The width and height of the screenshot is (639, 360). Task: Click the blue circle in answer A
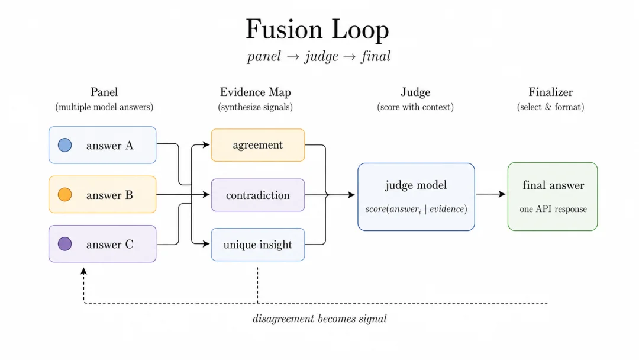coord(65,144)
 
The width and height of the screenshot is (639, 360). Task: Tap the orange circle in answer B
coord(65,194)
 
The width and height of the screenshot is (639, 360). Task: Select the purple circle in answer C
coord(65,244)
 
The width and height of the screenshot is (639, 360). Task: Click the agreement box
coord(257,145)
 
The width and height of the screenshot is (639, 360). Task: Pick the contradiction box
coord(257,195)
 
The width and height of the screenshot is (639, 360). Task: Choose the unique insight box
coord(257,245)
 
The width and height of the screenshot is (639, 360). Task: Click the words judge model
coord(416,185)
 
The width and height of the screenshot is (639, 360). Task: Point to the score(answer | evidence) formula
coord(416,209)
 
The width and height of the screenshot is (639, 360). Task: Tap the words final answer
coord(553,185)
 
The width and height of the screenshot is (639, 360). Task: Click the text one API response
coord(553,209)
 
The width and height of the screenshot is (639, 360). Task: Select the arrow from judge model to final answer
coord(491,194)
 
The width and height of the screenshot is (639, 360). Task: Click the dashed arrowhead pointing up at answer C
coord(83,271)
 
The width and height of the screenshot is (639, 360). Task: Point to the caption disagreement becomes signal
coord(319,319)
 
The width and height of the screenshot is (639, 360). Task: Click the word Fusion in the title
coord(284,30)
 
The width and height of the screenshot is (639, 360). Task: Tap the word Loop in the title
coord(360,31)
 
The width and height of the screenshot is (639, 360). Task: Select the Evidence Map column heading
coord(256,92)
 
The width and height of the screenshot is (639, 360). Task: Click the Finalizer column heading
coord(551,92)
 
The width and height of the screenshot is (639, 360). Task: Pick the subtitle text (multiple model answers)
coord(104,107)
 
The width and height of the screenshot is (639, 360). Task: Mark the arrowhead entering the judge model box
coord(351,195)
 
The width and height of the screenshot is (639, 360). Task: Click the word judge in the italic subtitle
coord(321,57)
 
